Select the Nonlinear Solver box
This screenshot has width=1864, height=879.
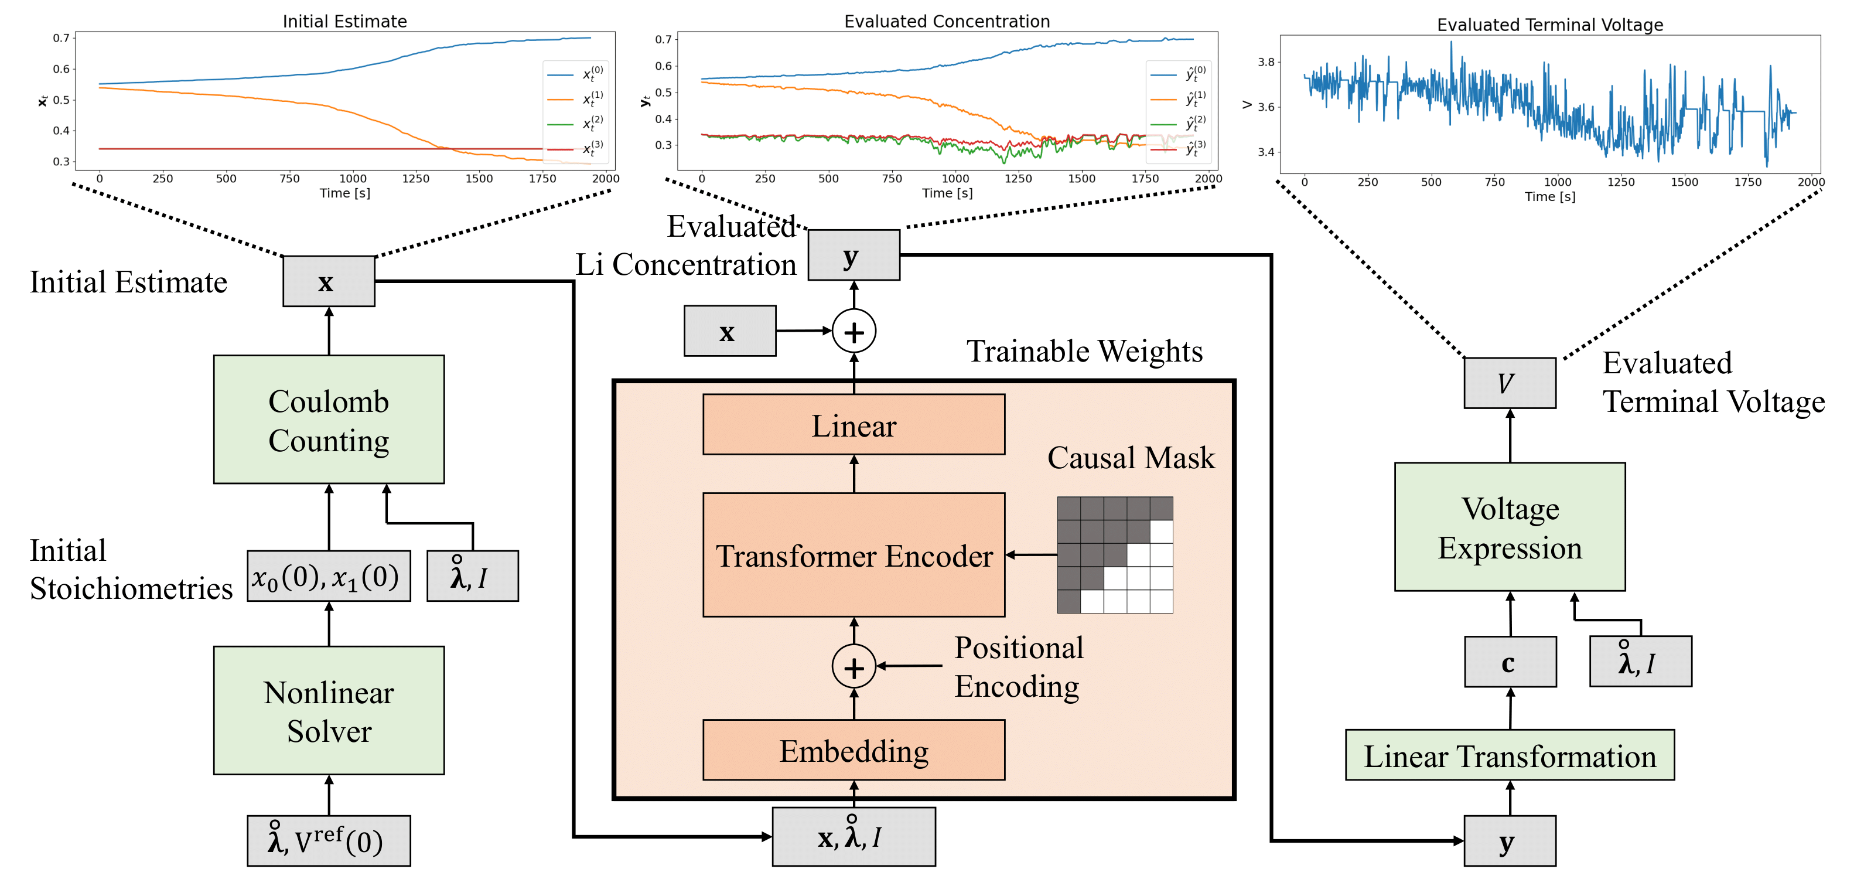[x=329, y=710]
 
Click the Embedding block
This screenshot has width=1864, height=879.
[x=854, y=750]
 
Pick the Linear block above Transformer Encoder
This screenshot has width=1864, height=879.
[x=854, y=425]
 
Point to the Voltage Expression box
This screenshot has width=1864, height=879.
[x=1510, y=527]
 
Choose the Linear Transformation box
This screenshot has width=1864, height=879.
[x=1510, y=755]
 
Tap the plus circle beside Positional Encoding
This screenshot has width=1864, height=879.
[x=854, y=666]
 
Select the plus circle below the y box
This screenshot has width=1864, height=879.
[x=854, y=332]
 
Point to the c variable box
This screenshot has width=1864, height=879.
[x=1510, y=662]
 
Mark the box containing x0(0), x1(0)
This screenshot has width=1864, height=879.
[x=329, y=577]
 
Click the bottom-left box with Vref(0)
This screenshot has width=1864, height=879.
[x=329, y=841]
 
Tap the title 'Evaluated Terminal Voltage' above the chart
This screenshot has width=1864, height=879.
[x=1550, y=25]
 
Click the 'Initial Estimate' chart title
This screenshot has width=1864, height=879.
[x=344, y=21]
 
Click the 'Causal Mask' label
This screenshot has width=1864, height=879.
[x=1131, y=458]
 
